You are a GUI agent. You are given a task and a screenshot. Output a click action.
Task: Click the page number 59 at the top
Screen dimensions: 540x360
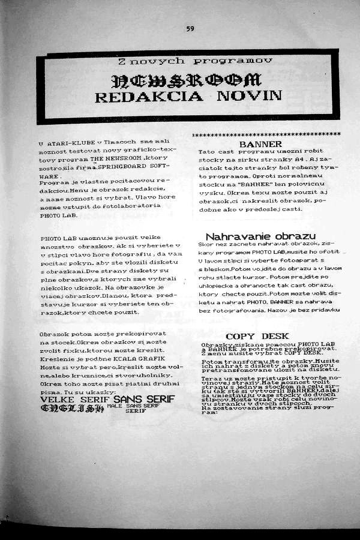click(190, 28)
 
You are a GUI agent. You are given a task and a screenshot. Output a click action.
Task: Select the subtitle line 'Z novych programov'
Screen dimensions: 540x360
click(195, 61)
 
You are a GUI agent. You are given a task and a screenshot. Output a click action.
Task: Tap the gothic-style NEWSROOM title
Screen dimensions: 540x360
click(187, 80)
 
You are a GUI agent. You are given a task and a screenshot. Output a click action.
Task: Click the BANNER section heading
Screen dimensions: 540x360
click(260, 145)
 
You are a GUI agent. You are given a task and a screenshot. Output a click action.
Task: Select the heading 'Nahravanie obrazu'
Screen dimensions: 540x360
click(260, 236)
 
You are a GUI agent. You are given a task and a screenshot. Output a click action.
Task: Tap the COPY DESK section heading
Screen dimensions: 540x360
click(257, 336)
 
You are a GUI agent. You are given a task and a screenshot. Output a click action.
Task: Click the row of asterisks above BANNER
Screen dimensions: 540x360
click(266, 134)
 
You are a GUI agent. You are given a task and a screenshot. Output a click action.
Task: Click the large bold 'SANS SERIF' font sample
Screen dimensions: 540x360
click(144, 399)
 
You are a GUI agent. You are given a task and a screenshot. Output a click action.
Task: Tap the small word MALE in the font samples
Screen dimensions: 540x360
click(114, 406)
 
